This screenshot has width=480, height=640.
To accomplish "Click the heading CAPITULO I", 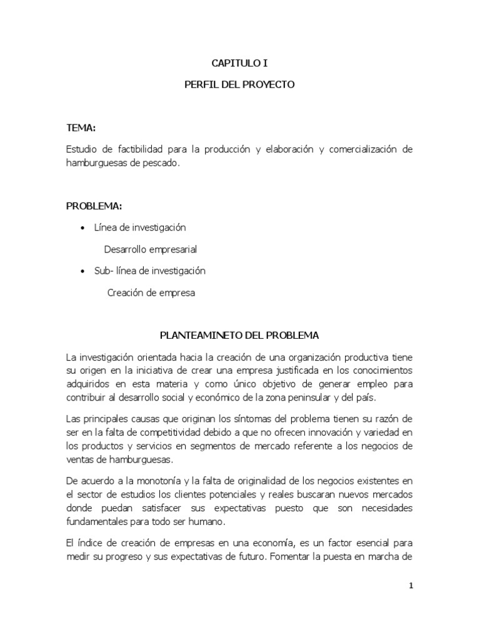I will click(x=239, y=62).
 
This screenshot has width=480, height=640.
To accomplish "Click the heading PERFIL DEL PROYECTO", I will click(x=239, y=84).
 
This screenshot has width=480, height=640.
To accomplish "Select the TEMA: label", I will click(x=81, y=128).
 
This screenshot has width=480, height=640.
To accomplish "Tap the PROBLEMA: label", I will click(x=94, y=206).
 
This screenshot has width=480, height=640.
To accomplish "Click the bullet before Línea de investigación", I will click(x=83, y=228).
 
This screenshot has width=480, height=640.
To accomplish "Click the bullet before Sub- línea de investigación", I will click(x=83, y=271).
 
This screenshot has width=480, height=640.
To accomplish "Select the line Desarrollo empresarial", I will click(x=151, y=249).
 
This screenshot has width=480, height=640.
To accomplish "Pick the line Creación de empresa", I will click(x=151, y=292).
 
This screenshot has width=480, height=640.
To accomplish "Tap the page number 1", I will click(x=411, y=586).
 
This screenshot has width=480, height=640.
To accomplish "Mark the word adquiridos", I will click(x=89, y=384).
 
